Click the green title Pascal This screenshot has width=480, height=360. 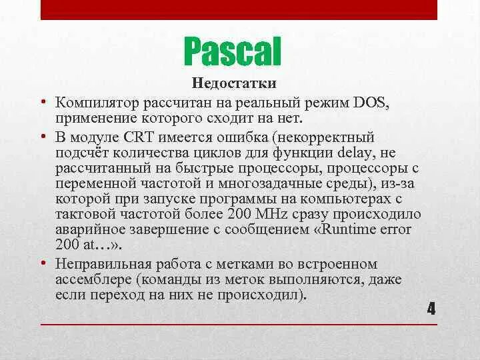click(231, 52)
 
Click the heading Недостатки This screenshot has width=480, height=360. click(234, 85)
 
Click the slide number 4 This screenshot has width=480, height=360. click(431, 309)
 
